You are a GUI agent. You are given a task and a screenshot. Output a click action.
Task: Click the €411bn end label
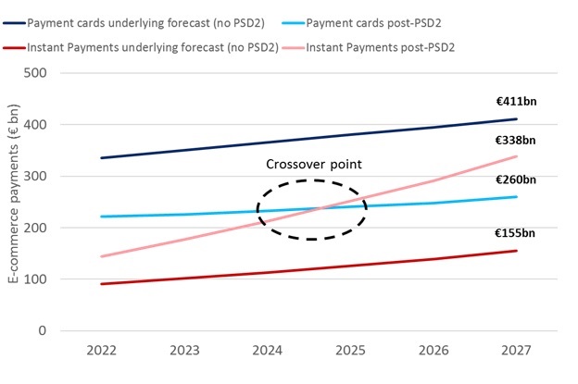(515, 105)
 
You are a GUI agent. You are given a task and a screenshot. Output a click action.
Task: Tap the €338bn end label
(515, 141)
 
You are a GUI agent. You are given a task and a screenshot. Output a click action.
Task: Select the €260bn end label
(515, 180)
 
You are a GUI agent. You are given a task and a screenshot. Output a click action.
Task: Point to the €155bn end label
(515, 234)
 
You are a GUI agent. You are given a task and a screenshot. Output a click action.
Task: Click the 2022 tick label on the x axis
(102, 352)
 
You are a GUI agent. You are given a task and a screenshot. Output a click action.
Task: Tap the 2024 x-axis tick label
(268, 352)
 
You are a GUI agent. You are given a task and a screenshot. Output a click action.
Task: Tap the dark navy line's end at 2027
(517, 118)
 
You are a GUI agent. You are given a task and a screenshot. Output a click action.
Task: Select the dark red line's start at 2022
(102, 283)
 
